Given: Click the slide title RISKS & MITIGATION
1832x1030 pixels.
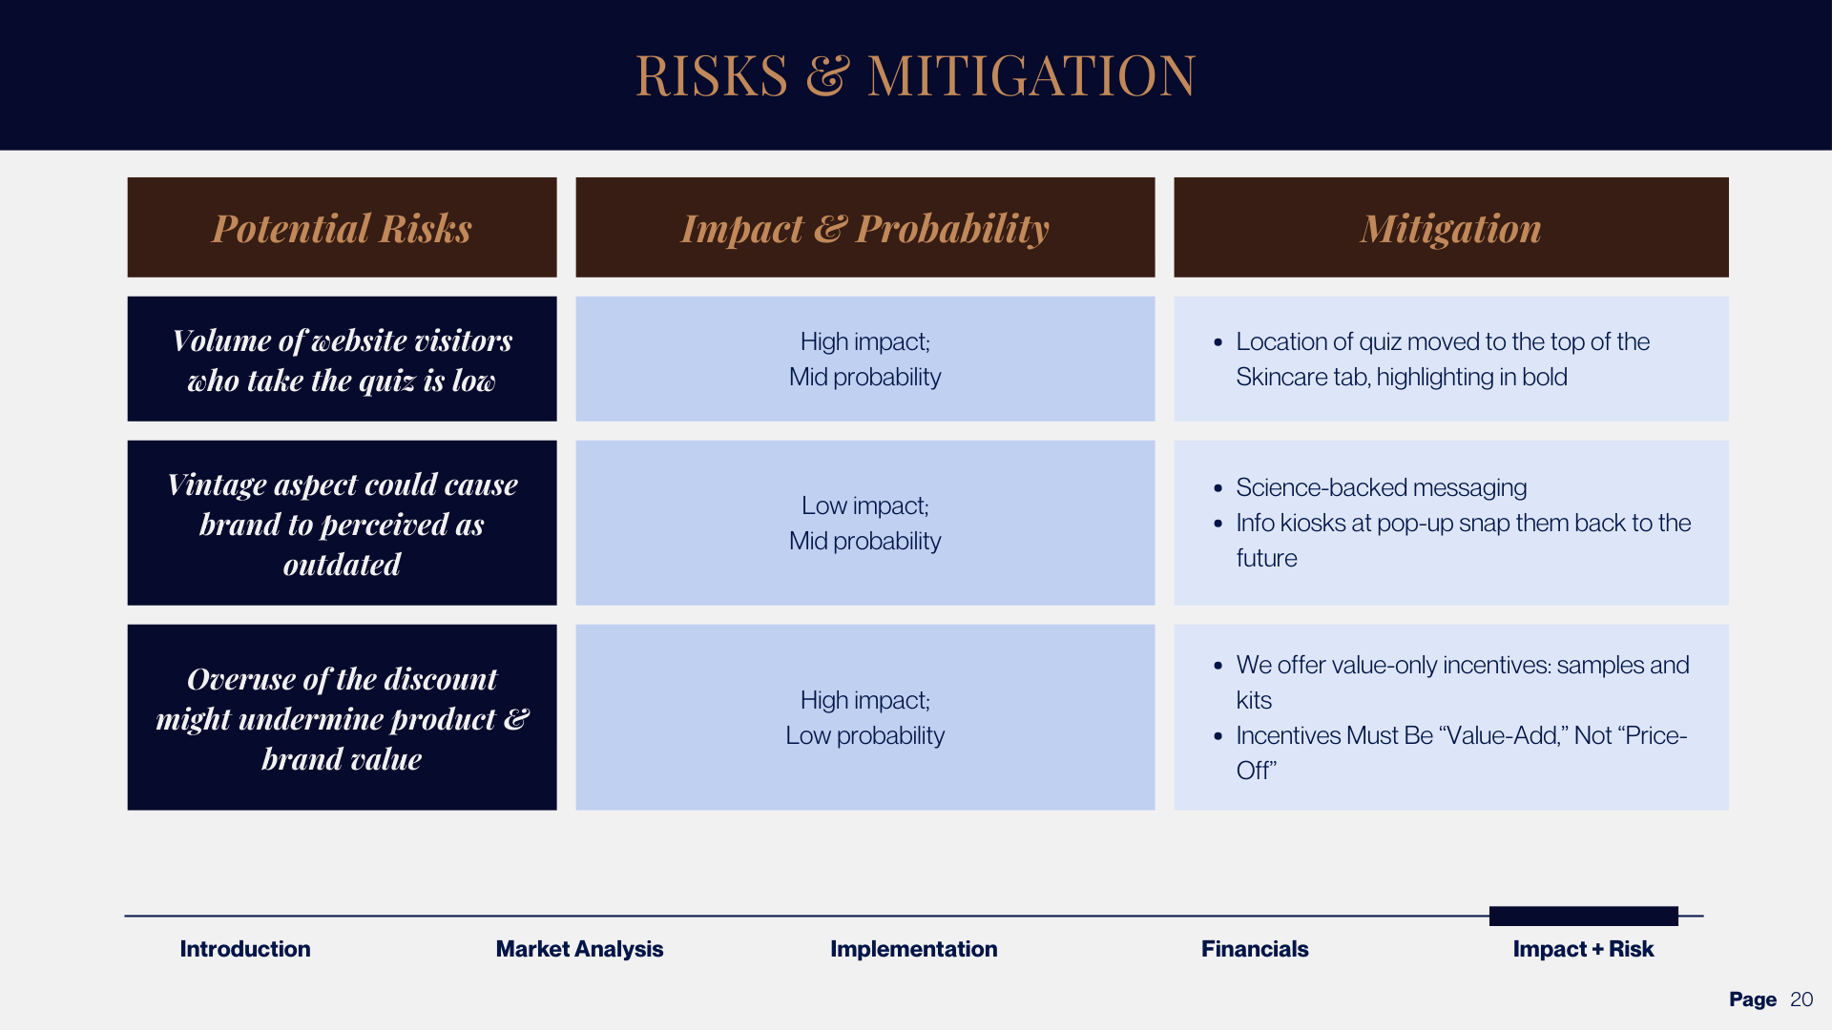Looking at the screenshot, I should point(914,75).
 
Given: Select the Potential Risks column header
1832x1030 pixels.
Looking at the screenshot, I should point(342,228).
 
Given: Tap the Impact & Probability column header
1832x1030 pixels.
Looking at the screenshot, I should point(864,228).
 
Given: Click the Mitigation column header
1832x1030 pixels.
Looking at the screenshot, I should point(1450,228).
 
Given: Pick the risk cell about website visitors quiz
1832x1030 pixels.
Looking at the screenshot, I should point(342,360).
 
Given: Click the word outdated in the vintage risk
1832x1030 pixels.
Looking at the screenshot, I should point(342,565).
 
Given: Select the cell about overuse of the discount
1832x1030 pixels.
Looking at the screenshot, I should point(342,717).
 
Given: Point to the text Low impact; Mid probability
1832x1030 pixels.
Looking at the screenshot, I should point(864,523).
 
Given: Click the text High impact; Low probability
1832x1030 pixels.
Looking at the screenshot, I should point(864,717).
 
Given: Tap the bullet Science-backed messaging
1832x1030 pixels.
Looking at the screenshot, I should point(1381,487).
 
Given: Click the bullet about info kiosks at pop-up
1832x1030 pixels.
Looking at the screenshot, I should point(1462,524).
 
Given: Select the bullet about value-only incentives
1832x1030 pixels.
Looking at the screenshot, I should point(1462,666).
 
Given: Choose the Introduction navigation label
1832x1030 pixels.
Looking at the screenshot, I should point(245,949).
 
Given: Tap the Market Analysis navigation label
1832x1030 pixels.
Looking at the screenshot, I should point(579,949).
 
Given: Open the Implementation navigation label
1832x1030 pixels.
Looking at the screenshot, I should point(913,949).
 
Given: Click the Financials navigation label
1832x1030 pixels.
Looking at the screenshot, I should point(1254,949).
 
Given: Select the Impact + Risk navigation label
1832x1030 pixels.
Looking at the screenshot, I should point(1582,949).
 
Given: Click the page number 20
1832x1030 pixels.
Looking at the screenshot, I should point(1801,999).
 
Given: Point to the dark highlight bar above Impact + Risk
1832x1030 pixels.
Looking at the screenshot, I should point(1583,916).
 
